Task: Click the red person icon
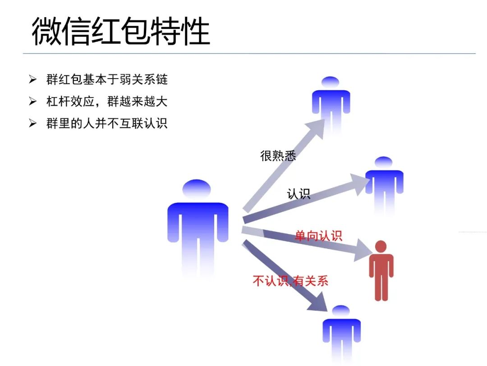[x=381, y=271]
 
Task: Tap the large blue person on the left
[x=198, y=226]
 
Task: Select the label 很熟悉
[x=278, y=156]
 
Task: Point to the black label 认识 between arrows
[x=299, y=194]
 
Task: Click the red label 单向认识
[x=318, y=235]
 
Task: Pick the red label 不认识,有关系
[x=290, y=281]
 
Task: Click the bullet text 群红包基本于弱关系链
[x=107, y=80]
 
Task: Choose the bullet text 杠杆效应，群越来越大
[x=107, y=101]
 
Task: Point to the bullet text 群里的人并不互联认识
[x=107, y=123]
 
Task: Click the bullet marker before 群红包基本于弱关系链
[x=32, y=80]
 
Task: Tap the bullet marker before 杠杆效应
[x=32, y=101]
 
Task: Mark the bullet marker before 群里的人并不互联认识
[x=32, y=123]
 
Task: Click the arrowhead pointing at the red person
[x=364, y=249]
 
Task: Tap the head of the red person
[x=381, y=247]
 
